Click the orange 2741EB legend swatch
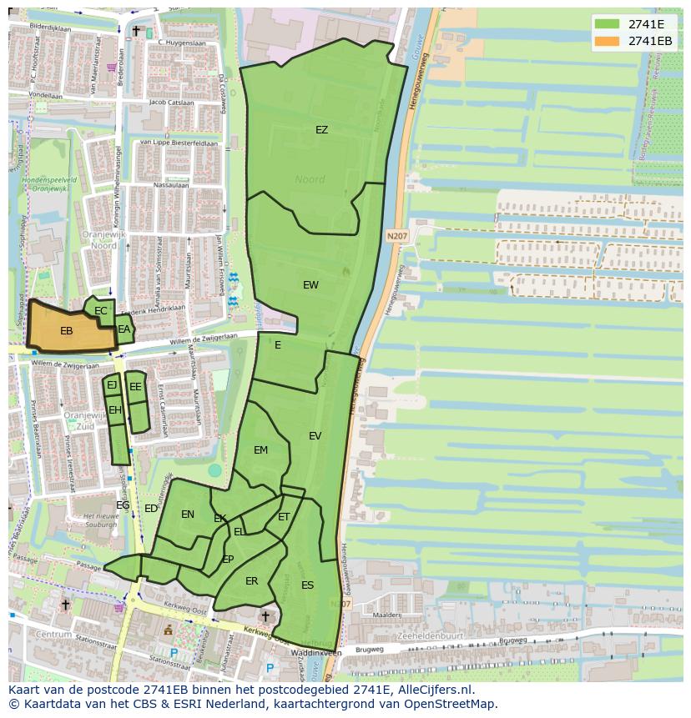(608, 41)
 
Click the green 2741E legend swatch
(608, 24)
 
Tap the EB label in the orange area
(67, 331)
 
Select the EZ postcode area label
(321, 130)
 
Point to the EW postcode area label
(310, 285)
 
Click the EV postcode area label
(315, 436)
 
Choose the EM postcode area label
(260, 450)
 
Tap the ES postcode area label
(307, 585)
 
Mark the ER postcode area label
(251, 581)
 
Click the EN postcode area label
(188, 515)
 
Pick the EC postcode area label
(101, 311)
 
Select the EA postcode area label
(124, 329)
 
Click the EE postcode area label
(135, 387)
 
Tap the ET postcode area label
(284, 517)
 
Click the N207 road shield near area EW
(397, 237)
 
